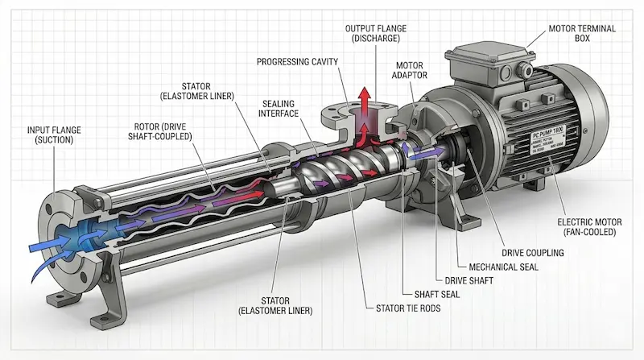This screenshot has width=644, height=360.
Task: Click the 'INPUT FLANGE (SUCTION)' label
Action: tap(55, 134)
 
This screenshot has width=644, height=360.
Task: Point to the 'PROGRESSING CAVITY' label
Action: tap(297, 62)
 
